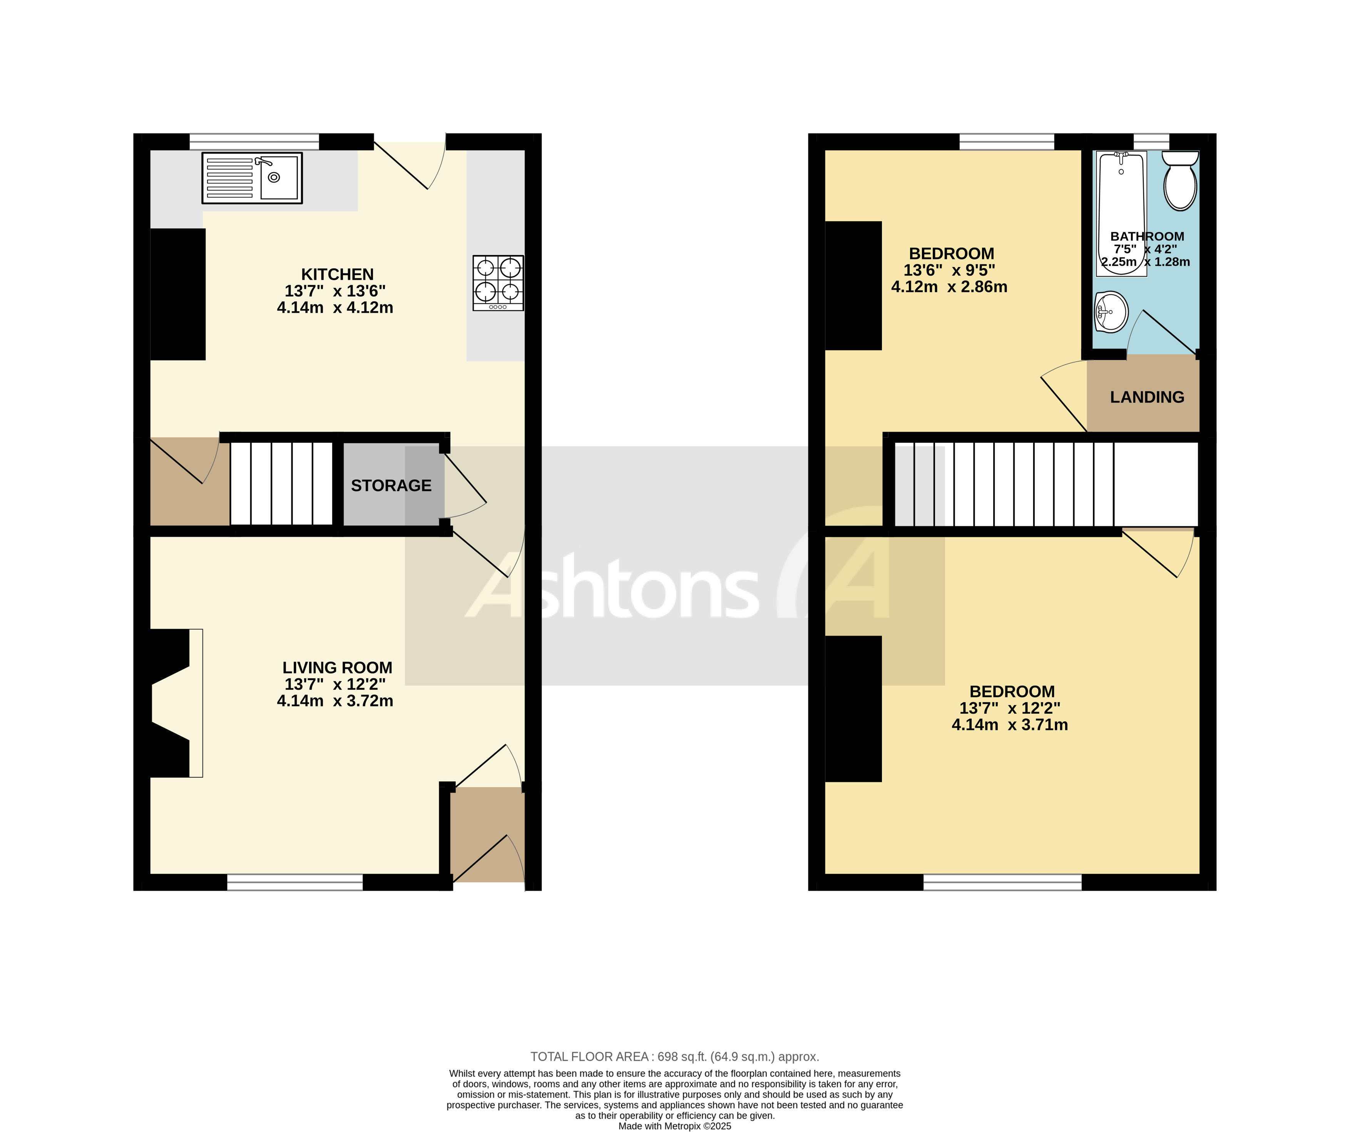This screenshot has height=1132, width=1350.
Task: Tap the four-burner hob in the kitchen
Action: [x=498, y=283]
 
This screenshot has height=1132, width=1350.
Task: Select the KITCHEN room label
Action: [x=337, y=274]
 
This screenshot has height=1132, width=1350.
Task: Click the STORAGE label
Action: [x=391, y=486]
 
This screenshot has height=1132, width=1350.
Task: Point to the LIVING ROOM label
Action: [x=337, y=668]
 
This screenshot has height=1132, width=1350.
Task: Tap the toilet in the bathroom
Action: [x=1180, y=182]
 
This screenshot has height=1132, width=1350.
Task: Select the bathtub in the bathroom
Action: [x=1121, y=212]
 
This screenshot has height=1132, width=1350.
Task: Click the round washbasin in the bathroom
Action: [x=1111, y=312]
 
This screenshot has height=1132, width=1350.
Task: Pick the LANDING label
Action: [x=1147, y=397]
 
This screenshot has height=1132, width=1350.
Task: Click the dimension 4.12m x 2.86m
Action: [x=949, y=287]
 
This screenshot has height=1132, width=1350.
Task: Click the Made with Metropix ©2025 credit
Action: [x=674, y=1125]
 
